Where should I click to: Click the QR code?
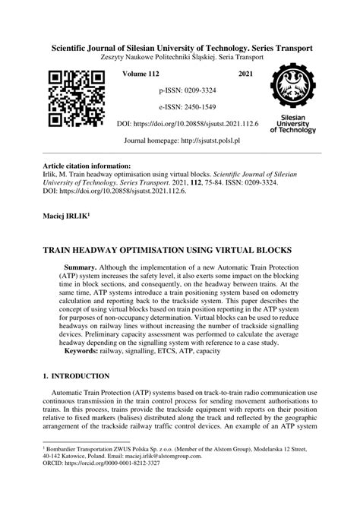pyautogui.click(x=76, y=99)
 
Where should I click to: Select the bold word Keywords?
pyautogui.click(x=86, y=353)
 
